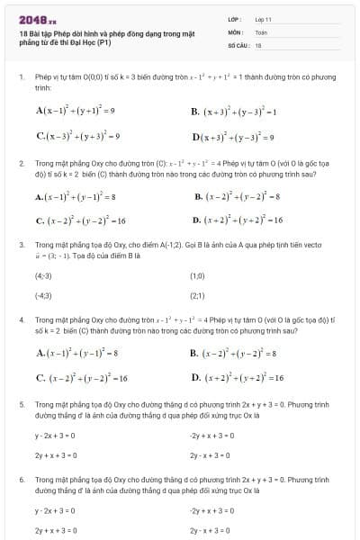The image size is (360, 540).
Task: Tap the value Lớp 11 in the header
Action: pyautogui.click(x=264, y=18)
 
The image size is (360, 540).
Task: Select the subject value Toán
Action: pyautogui.click(x=262, y=31)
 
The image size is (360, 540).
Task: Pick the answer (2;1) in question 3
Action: pyautogui.click(x=198, y=295)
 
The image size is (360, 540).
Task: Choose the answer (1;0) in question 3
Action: pyautogui.click(x=198, y=277)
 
